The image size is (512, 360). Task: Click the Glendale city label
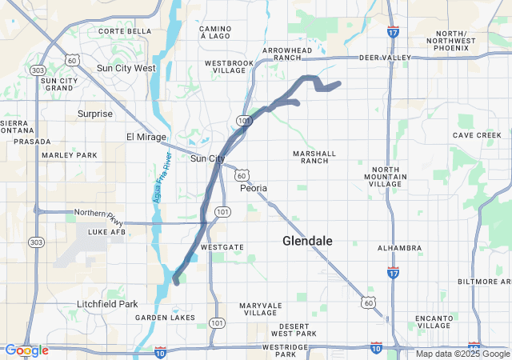tap(308, 241)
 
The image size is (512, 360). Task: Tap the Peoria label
tap(254, 188)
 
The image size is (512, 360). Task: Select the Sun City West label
tap(126, 68)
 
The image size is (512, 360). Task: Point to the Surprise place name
tap(95, 114)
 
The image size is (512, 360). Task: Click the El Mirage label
tap(146, 137)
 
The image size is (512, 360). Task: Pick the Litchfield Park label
tap(107, 304)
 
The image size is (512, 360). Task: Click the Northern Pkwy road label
tap(96, 213)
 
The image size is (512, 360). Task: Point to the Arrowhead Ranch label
tap(287, 54)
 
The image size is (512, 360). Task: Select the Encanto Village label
tap(434, 322)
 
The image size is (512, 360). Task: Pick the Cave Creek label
tap(477, 135)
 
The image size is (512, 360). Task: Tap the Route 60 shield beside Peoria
tap(242, 174)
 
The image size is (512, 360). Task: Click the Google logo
tap(27, 350)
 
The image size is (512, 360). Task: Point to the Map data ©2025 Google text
tap(462, 354)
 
